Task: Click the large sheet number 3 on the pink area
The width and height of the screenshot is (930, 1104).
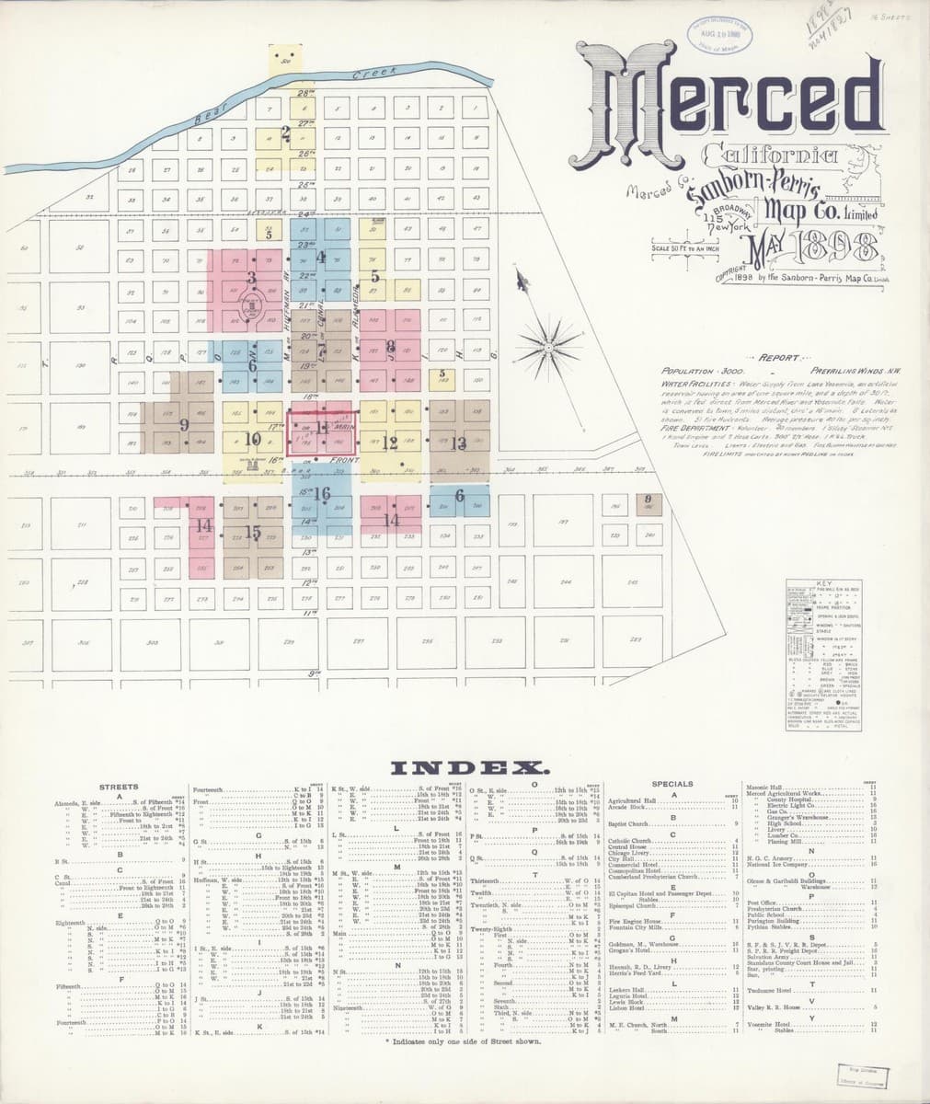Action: pyautogui.click(x=250, y=275)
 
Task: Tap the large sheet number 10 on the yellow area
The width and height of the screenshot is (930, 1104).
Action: pyautogui.click(x=253, y=439)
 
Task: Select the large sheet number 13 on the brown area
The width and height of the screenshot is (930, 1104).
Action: pyautogui.click(x=458, y=443)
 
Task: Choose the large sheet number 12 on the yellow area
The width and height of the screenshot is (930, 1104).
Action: pyautogui.click(x=389, y=443)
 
